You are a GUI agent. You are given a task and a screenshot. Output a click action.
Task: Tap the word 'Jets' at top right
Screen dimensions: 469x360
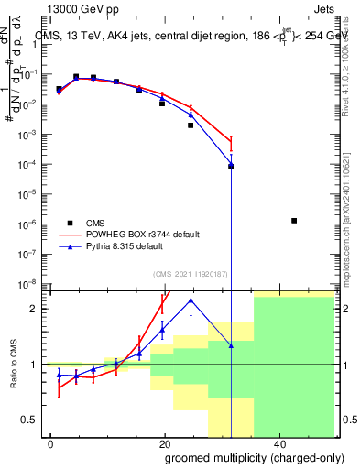(x=338, y=8)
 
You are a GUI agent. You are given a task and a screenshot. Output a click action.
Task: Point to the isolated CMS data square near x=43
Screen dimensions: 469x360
(x=293, y=221)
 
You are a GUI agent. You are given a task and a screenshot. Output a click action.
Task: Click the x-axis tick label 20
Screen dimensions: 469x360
(x=164, y=444)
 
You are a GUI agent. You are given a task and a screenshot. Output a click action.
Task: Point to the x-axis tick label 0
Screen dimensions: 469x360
(x=51, y=444)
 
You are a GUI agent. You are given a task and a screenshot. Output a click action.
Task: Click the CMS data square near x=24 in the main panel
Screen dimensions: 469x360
(x=191, y=125)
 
